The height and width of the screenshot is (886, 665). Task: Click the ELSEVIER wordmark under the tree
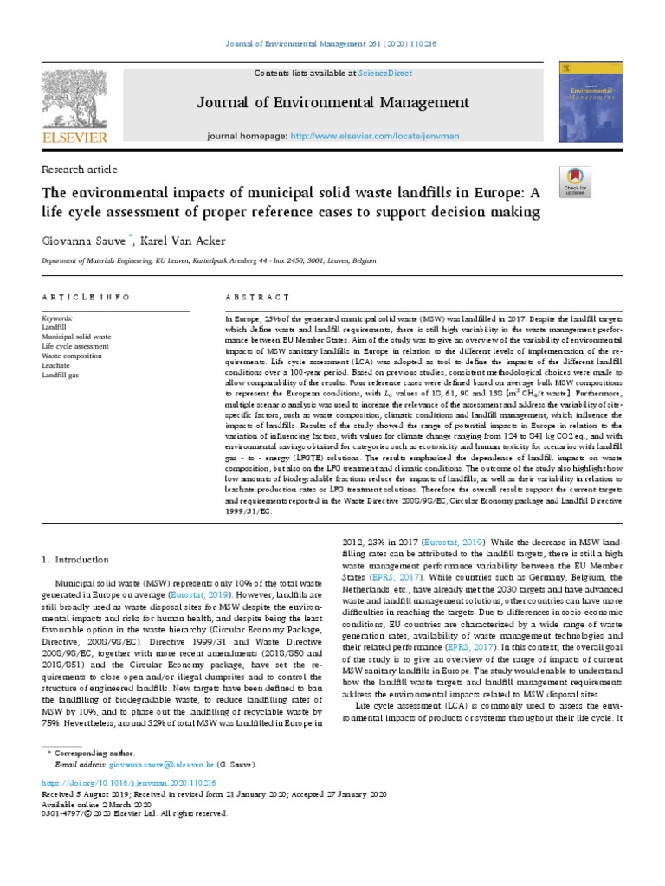[x=73, y=138]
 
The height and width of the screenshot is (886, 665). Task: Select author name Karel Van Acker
[x=188, y=240]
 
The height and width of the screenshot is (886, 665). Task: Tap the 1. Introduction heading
[x=75, y=560]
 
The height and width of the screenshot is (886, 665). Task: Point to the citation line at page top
[x=332, y=46]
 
